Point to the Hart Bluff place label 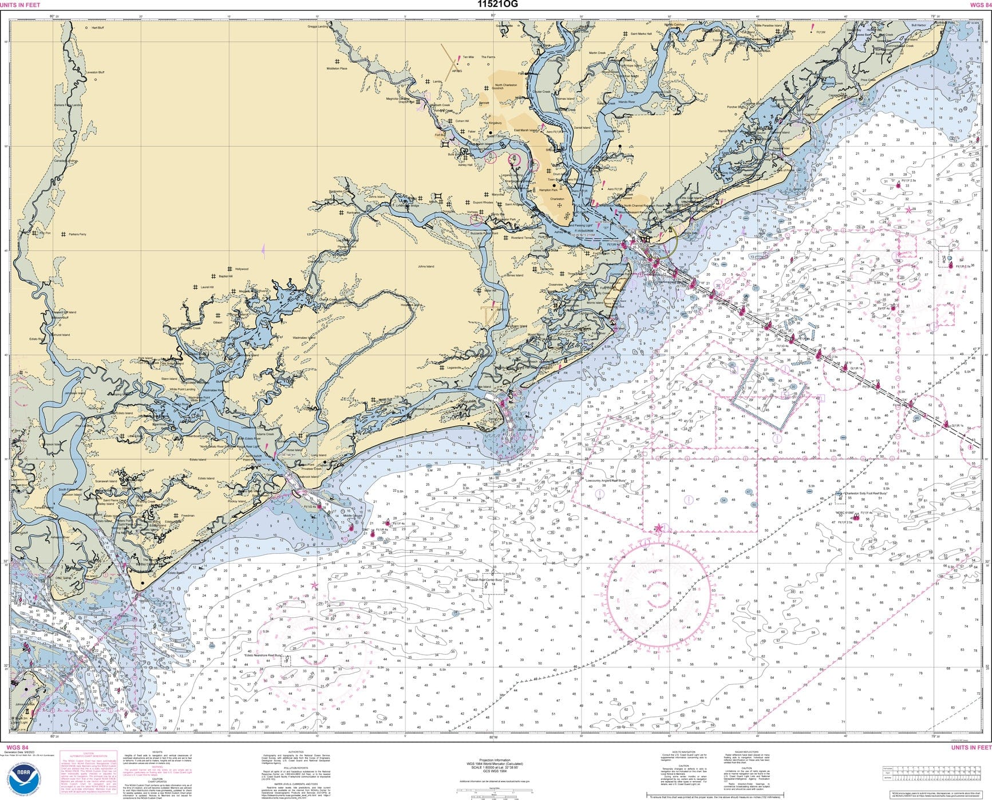click(97, 27)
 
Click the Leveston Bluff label click(94, 73)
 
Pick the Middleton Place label click(337, 69)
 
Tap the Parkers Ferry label click(77, 234)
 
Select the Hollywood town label click(242, 269)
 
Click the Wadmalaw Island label click(304, 338)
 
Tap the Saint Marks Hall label click(641, 34)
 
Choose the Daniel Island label click(582, 128)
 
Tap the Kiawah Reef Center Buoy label click(485, 580)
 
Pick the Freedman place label click(187, 515)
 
